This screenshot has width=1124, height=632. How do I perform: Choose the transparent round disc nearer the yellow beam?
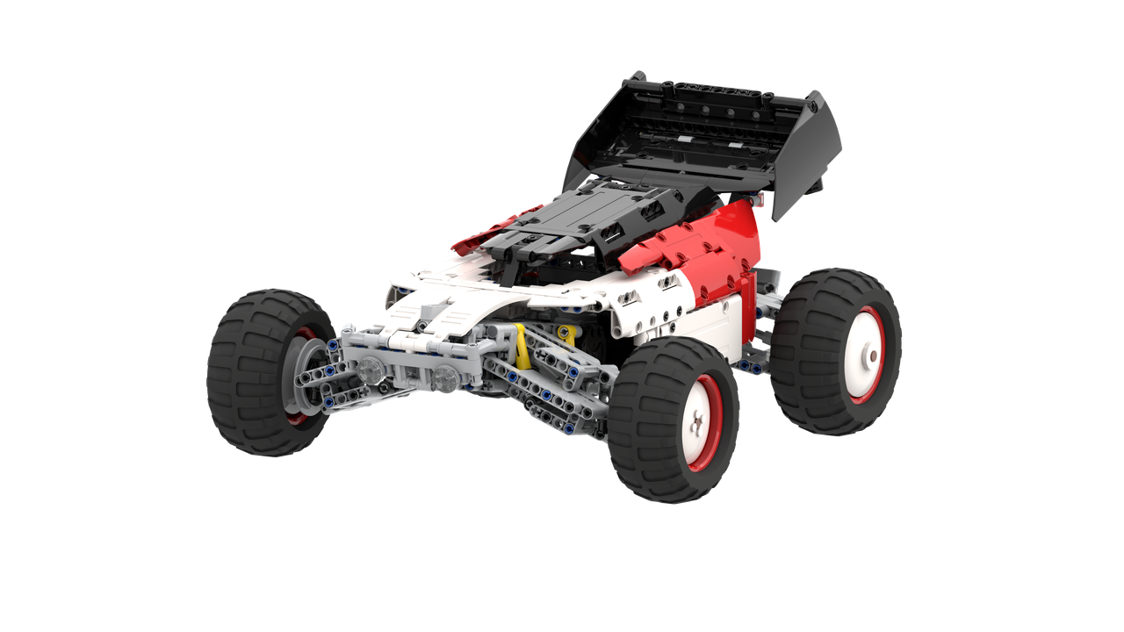point(445,378)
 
